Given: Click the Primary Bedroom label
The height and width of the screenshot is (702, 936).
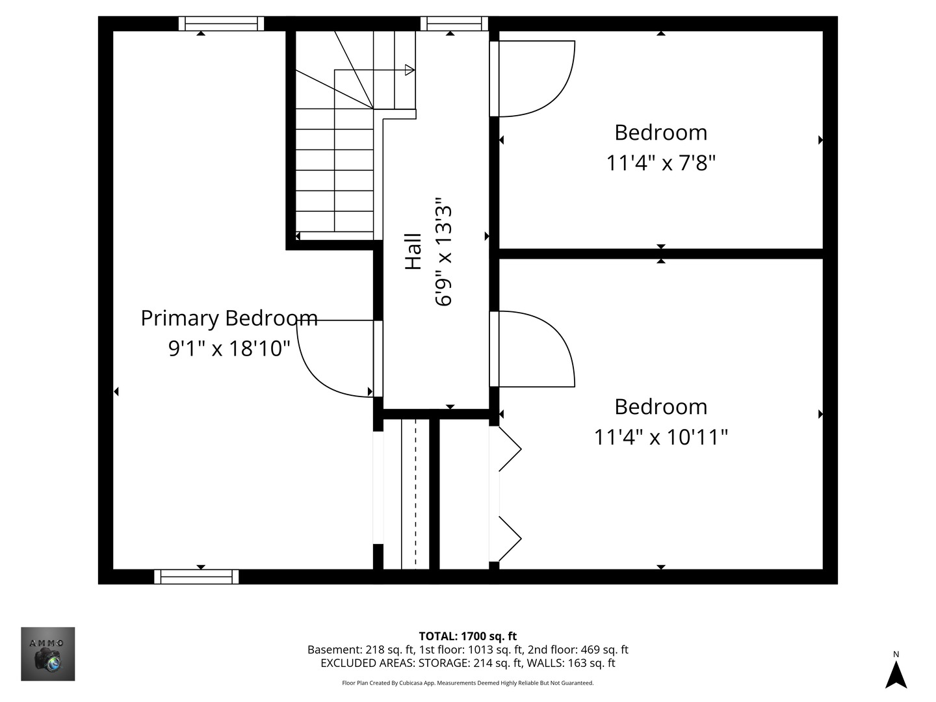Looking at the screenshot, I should pos(229,318).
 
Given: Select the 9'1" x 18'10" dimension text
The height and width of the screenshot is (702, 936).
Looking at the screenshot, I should pos(229,349).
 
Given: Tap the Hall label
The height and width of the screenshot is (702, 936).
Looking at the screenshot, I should pos(413,252).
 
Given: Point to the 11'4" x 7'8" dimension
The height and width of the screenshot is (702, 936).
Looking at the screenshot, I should pos(660,162).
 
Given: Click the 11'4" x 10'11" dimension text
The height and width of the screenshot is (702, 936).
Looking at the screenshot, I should pos(660,437).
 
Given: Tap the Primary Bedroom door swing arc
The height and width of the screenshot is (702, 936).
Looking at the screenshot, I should pos(325,367).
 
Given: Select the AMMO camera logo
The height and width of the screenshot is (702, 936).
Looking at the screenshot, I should pos(48,654).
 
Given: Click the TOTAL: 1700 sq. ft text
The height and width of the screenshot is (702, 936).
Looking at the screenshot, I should pos(467,636).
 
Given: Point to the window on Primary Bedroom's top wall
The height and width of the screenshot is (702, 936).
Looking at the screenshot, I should pos(221,24).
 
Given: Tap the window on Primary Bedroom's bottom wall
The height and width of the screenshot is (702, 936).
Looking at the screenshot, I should pos(196,577).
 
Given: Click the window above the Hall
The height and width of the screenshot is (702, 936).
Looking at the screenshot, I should pos(454,24).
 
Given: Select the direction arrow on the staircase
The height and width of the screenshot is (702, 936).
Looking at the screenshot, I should pos(409,70).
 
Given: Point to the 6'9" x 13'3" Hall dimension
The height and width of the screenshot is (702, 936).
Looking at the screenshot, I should pos(444,252).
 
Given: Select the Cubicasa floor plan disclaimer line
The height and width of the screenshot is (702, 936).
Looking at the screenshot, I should pos(467,683).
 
